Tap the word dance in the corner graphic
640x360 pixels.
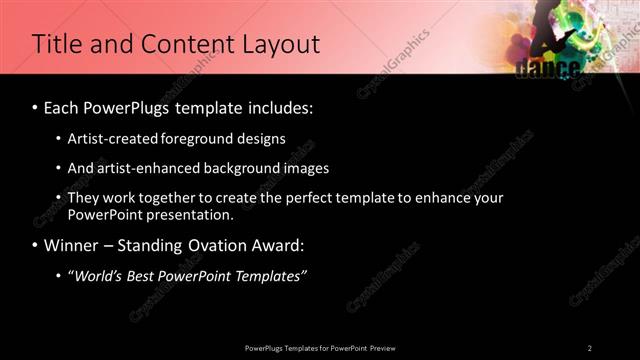tap(548, 68)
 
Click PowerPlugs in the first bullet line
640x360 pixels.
tap(130, 106)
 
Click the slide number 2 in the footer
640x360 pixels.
tap(590, 348)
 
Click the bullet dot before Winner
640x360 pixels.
tap(36, 246)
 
